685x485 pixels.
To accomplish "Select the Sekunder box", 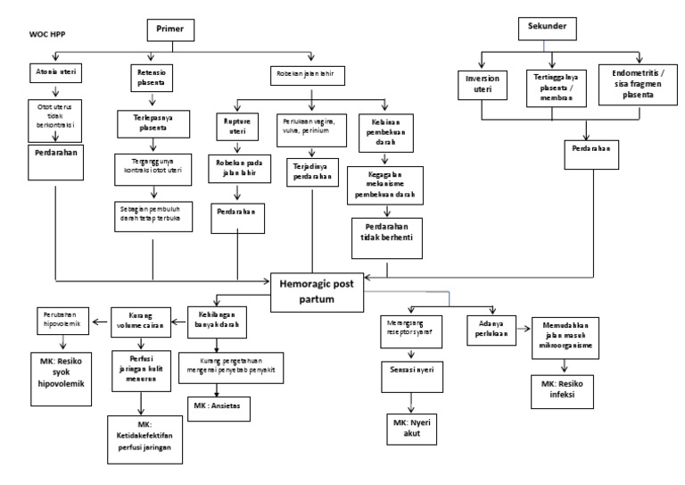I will tap(547, 27).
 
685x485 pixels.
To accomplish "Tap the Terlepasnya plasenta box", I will tap(155, 121).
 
